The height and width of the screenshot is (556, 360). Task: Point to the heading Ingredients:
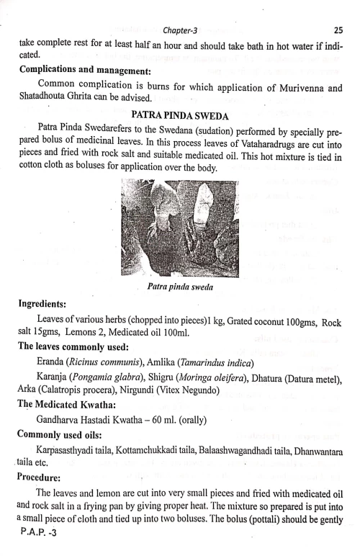(46, 305)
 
